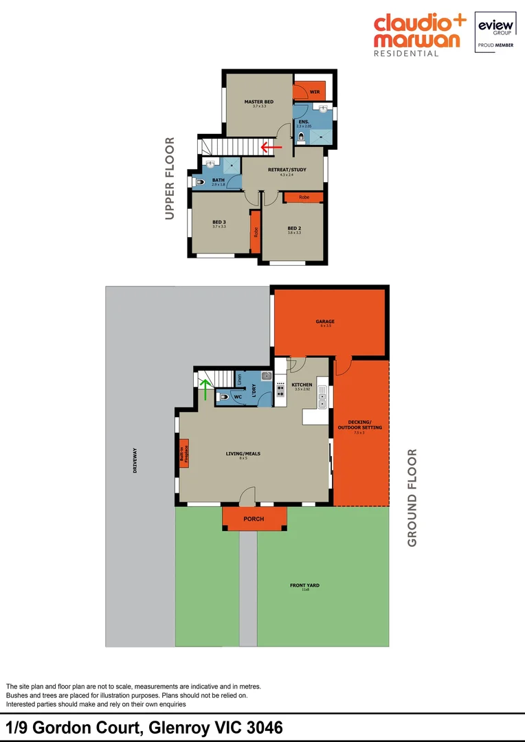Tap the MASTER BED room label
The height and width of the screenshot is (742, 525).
(x=258, y=102)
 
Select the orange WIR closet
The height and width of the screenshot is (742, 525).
(x=302, y=91)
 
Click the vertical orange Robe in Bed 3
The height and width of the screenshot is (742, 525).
(x=254, y=232)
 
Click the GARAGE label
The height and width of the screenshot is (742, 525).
(x=325, y=321)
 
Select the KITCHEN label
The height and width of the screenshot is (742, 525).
(x=302, y=385)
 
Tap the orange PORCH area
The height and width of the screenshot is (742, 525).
(x=254, y=519)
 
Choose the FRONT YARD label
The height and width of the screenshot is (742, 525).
(x=304, y=585)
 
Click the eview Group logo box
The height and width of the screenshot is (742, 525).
(x=495, y=32)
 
